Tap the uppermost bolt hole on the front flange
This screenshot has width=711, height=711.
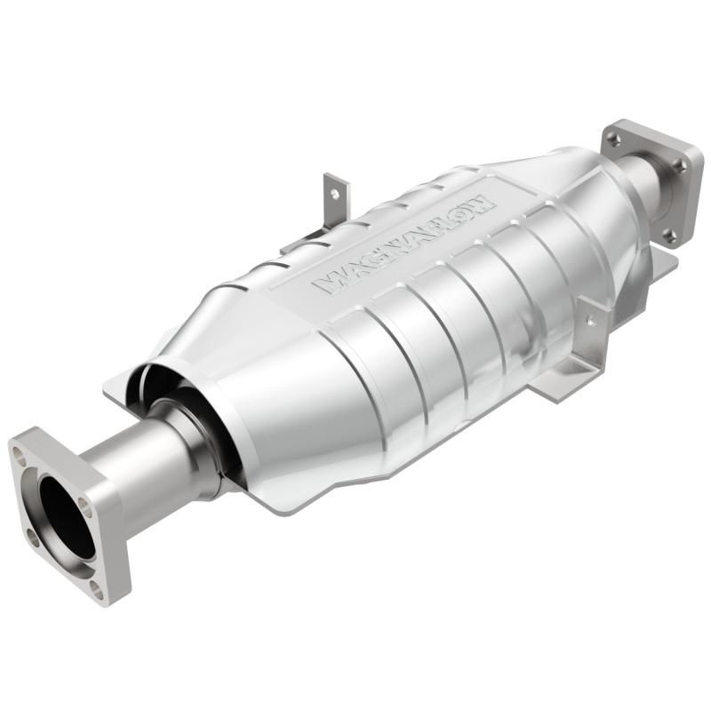tap(20, 451)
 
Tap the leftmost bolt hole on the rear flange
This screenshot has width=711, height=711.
tap(613, 139)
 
